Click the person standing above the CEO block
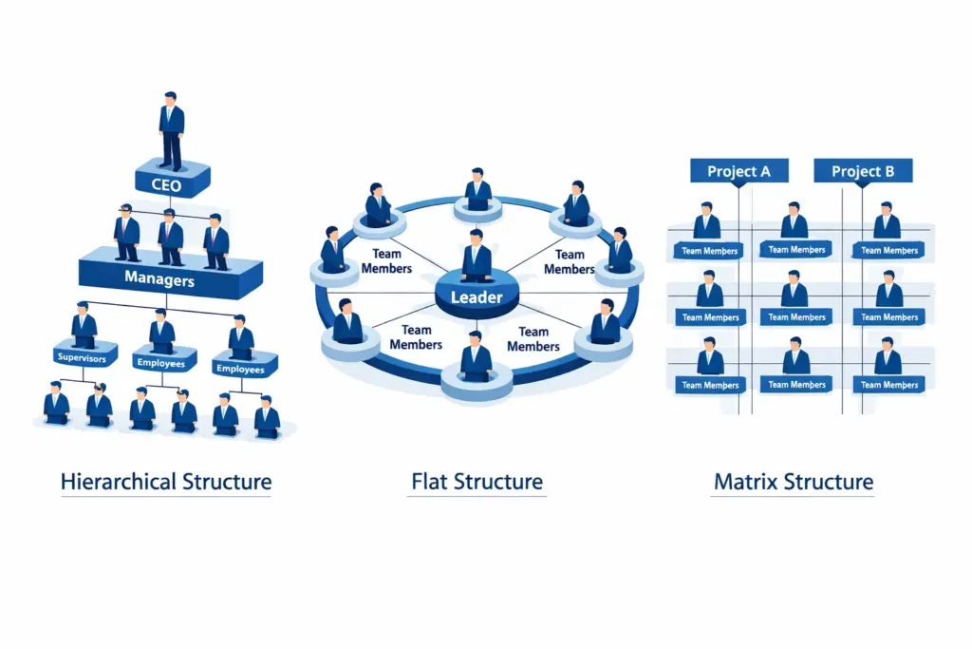[171, 131]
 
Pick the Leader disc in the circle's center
[476, 297]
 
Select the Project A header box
[738, 172]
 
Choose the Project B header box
[862, 172]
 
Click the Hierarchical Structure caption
[165, 482]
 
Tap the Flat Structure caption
[477, 482]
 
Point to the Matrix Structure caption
[793, 482]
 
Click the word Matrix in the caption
[745, 482]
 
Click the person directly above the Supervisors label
[84, 325]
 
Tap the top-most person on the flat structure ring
[477, 189]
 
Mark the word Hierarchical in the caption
[118, 482]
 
